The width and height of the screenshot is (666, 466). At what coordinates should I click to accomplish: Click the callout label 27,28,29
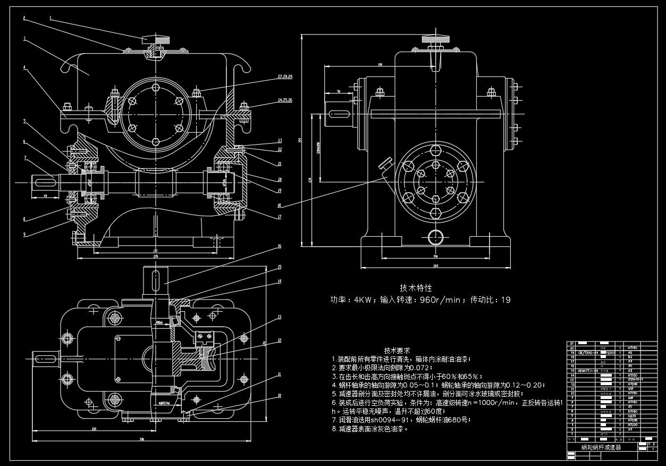pos(285,77)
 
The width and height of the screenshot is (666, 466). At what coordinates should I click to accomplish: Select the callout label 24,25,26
pos(285,99)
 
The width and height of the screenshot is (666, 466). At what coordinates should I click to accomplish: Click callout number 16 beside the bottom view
pos(279,246)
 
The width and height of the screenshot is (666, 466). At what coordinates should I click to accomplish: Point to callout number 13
pos(279,318)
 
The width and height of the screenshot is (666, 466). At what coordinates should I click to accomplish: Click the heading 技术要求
pos(397,351)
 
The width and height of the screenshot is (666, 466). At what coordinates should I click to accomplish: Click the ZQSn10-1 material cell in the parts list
pos(635,379)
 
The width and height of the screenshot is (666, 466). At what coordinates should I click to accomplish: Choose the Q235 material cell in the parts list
pos(631,416)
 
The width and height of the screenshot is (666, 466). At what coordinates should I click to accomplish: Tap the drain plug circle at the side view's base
pos(435,236)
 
